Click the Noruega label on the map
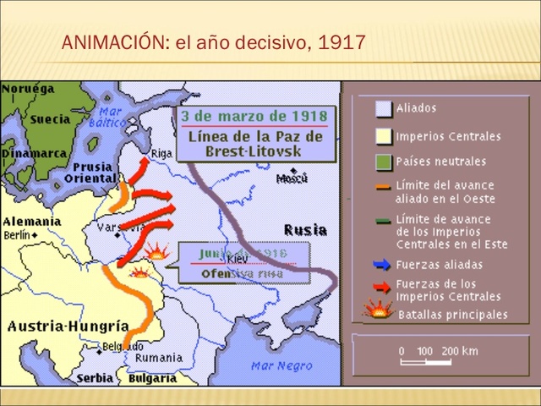point(28,88)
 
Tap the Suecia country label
point(50,119)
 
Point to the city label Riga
point(161,154)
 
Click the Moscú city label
point(292,178)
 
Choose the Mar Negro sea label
point(276,365)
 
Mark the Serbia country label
point(95,378)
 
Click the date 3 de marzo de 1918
point(254,115)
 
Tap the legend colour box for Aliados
point(384,108)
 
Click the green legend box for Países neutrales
point(384,161)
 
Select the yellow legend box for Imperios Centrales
point(384,135)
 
